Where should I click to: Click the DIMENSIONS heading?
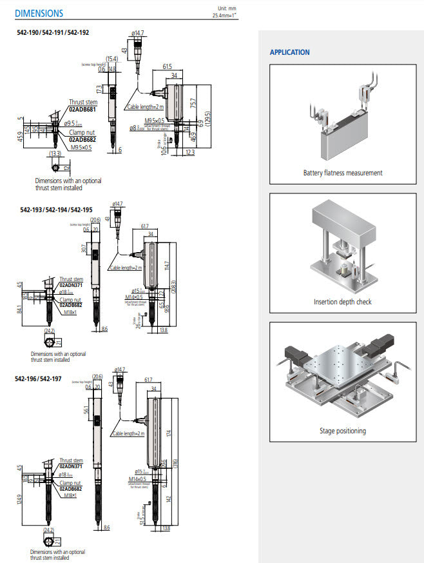(x=39, y=13)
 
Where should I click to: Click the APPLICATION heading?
(x=289, y=52)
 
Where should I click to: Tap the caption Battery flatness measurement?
(x=342, y=173)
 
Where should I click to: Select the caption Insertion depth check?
(x=342, y=302)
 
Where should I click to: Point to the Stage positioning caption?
(x=342, y=431)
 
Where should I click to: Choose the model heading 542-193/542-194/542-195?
(x=56, y=210)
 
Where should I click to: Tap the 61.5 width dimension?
(x=167, y=66)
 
